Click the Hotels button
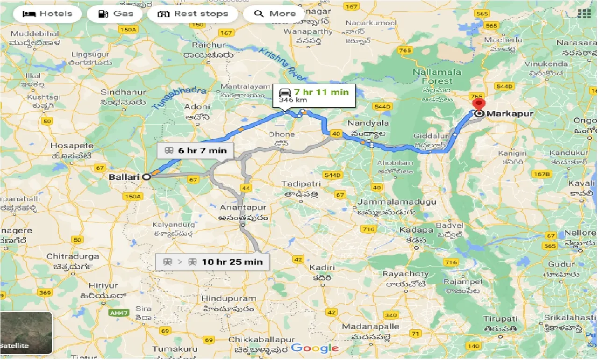(47, 14)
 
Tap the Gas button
(116, 14)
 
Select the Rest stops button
(193, 14)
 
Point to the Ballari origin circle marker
(146, 177)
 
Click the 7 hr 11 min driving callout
(314, 95)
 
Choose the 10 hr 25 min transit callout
(213, 261)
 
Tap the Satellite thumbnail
(26, 333)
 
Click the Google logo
(314, 348)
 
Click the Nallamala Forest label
(436, 77)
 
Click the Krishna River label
(283, 65)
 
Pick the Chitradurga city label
(73, 256)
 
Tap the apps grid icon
(584, 13)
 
